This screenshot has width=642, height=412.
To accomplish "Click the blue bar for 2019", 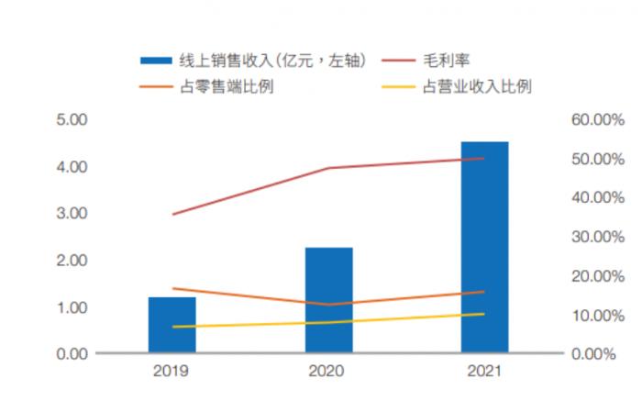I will tap(172, 325).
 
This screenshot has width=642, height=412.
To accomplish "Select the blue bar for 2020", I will tap(328, 300).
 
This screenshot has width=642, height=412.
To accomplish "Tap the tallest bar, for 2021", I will tap(484, 247).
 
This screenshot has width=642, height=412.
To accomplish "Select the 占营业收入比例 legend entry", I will tap(477, 87).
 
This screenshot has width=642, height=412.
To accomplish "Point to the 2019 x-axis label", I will tap(172, 372).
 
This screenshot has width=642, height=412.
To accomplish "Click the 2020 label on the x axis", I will tap(328, 372).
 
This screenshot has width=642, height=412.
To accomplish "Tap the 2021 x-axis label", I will tap(484, 372).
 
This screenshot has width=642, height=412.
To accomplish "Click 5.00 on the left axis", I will tap(71, 120).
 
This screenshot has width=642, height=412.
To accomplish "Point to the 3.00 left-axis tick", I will tap(71, 214).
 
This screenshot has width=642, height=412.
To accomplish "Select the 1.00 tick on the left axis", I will tap(71, 307).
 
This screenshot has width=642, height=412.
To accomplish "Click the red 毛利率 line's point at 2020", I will tap(328, 168).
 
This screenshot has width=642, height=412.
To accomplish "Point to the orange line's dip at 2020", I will tap(328, 305).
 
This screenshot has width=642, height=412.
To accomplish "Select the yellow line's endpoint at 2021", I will tap(484, 314).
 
